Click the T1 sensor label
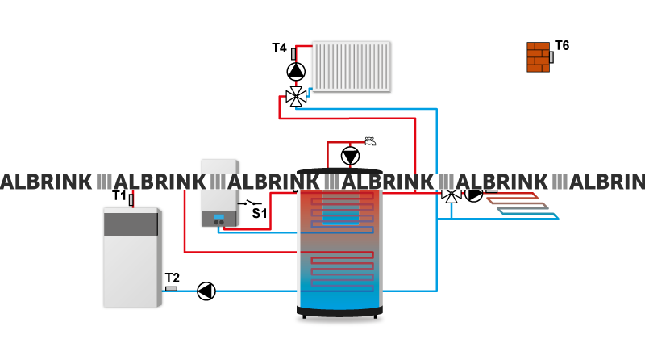pos(119,195)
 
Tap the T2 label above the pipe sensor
pos(172,278)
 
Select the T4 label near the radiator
pos(279,48)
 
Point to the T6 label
pos(562,45)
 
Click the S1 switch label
pos(260,213)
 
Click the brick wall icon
pos(538,56)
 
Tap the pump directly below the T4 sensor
pos(297,72)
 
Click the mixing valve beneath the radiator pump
pos(296,98)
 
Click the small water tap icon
pos(370,141)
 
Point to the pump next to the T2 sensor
pos(206,291)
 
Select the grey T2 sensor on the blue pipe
pos(171,288)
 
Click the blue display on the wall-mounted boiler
pos(218,216)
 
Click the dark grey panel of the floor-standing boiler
pos(132,223)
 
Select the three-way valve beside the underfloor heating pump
pos(450,195)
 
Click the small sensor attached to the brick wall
pos(552,57)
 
